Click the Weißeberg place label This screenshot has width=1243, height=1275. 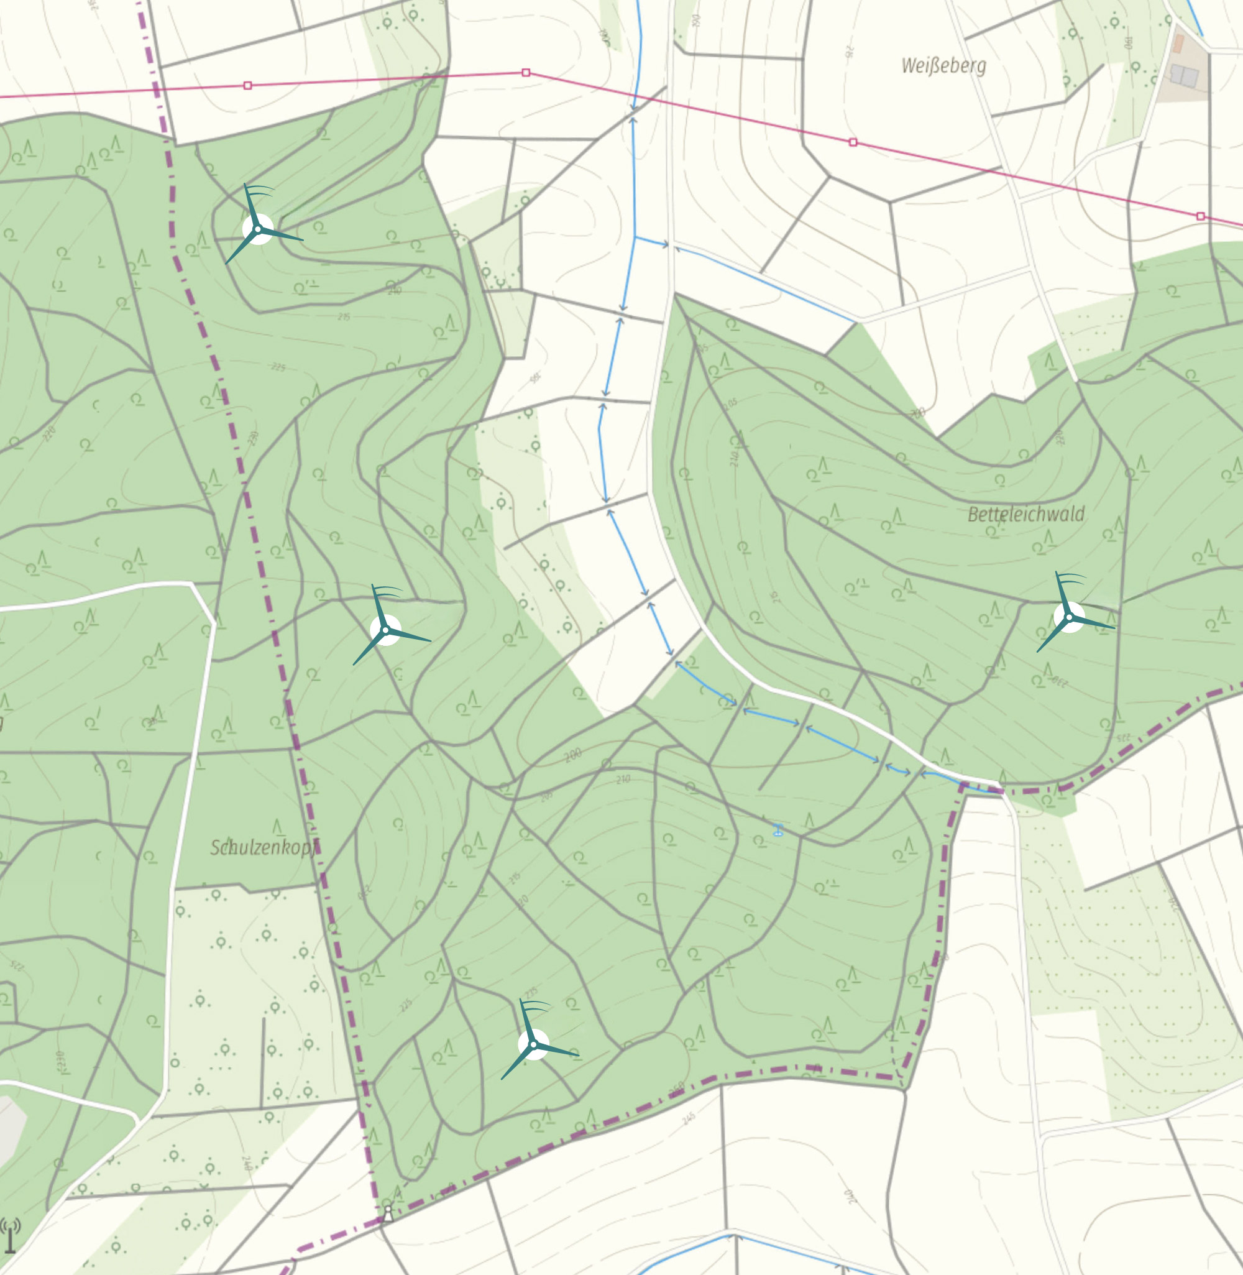[x=943, y=66]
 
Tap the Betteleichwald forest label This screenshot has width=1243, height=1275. [x=1025, y=515]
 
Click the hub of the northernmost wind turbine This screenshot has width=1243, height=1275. [x=258, y=229]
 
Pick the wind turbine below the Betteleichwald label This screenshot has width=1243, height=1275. [x=1070, y=617]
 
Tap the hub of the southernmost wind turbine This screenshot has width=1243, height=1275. [x=533, y=1044]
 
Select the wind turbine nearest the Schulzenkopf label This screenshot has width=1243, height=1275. [x=386, y=630]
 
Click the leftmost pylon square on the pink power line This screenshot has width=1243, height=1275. [x=247, y=86]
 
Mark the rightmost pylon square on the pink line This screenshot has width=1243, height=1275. [x=1201, y=216]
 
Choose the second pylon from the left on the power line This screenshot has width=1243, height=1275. [x=526, y=73]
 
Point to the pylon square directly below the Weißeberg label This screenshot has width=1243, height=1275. [x=853, y=142]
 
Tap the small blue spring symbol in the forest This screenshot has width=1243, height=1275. [x=777, y=831]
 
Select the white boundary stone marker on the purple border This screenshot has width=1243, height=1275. [x=388, y=1213]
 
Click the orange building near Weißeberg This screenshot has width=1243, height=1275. [x=1178, y=44]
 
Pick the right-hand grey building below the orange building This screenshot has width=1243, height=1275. [x=1191, y=77]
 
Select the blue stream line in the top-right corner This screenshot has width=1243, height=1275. [x=1195, y=16]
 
